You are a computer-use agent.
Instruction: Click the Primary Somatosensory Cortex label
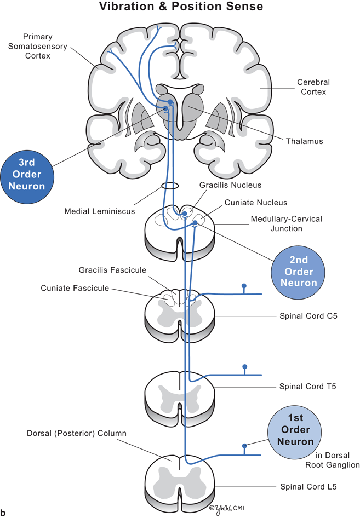(45, 45)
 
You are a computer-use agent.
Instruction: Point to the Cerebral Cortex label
(313, 87)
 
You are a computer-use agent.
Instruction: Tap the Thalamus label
(304, 141)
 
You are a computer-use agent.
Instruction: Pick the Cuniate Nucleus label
(255, 203)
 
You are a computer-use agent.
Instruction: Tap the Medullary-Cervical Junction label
(286, 223)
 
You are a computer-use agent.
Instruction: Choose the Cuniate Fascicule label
(75, 288)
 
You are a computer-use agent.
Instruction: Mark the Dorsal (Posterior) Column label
(77, 433)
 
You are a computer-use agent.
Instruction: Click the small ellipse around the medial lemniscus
(171, 186)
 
